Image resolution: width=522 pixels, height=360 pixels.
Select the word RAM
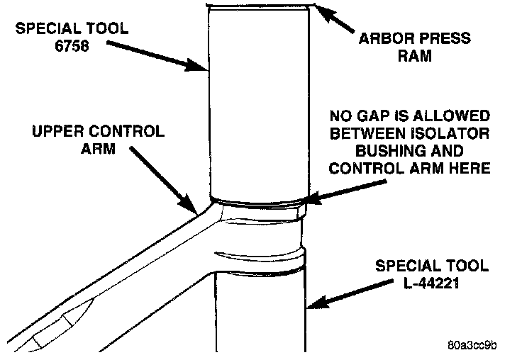click(416, 56)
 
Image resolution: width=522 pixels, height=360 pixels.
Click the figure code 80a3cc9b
click(472, 346)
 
